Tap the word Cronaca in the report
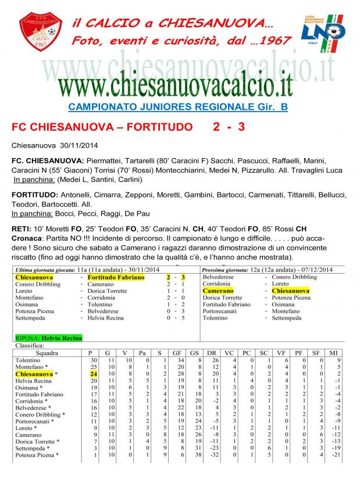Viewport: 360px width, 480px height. [26, 239]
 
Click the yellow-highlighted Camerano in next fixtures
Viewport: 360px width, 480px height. [218, 290]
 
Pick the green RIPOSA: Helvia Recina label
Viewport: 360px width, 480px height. [49, 338]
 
